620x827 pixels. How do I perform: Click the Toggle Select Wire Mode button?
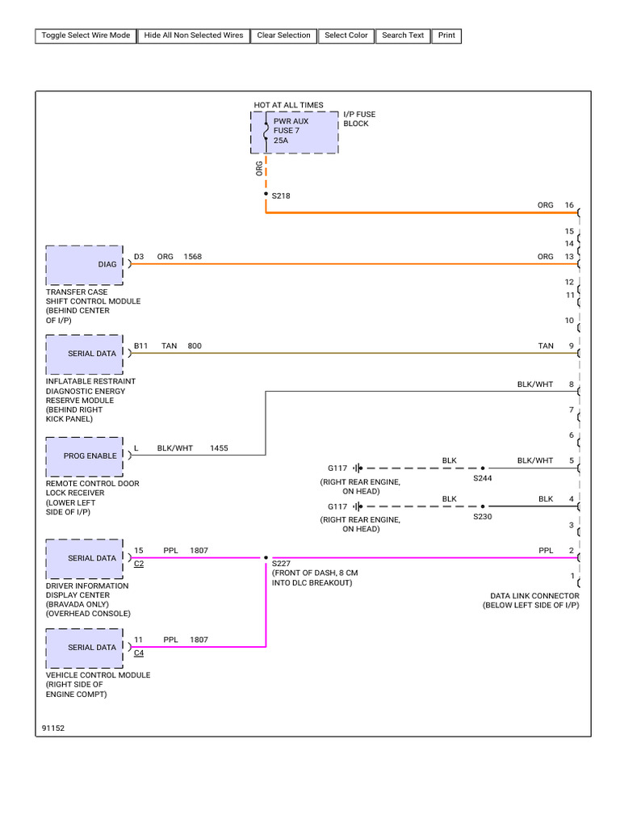[86, 36]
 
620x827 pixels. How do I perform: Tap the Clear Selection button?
[283, 36]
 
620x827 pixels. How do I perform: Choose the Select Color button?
[346, 36]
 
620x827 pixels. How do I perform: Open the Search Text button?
[403, 36]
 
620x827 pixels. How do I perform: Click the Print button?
[446, 36]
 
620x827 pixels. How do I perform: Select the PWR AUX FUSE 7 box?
[295, 132]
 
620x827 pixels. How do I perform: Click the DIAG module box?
[84, 265]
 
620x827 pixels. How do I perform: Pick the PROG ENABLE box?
[84, 457]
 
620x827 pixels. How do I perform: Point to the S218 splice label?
[281, 195]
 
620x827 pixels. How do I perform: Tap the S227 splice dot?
[266, 557]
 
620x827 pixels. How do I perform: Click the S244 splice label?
[483, 478]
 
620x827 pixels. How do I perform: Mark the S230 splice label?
[483, 517]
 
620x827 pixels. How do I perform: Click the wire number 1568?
[192, 257]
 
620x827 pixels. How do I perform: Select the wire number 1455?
[219, 448]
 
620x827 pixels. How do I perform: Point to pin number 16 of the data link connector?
[569, 205]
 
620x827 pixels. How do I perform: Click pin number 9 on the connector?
[571, 346]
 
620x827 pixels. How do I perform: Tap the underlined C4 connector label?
[139, 653]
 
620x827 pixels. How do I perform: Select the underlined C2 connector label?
[139, 564]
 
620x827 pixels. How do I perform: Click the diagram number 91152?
[53, 728]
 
